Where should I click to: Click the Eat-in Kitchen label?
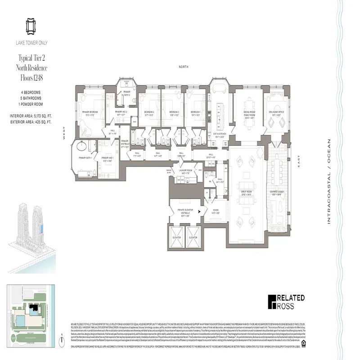[219, 134]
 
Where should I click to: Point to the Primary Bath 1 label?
[85, 158]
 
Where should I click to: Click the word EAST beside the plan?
[298, 160]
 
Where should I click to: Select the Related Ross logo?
[286, 302]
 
